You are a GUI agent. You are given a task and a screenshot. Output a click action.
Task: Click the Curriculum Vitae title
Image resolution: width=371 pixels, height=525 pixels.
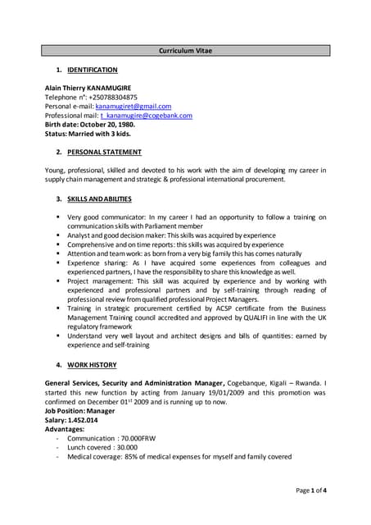point(185,51)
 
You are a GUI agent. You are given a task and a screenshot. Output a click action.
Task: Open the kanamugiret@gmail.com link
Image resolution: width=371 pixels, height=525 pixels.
point(133,106)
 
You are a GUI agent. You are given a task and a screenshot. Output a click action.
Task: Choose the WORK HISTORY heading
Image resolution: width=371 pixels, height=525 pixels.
point(92,364)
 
